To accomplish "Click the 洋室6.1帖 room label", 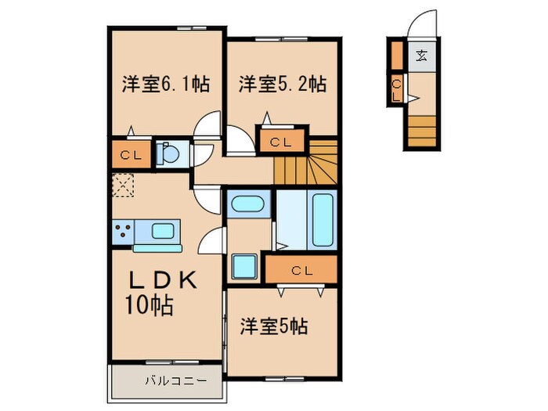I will coord(164,84).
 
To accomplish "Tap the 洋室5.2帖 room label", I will coord(282,84).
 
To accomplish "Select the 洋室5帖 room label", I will coord(272,326).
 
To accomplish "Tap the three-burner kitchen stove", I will coord(122,232).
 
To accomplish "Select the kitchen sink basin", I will coord(163,231).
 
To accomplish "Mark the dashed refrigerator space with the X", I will coord(122,186).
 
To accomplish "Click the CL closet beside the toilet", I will coord(131,154).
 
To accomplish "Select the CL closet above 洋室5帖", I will coord(301,270).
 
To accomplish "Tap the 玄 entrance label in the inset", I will coord(421,55).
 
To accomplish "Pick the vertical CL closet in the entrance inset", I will coord(397,88).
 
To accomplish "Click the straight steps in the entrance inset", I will coord(422,129).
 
